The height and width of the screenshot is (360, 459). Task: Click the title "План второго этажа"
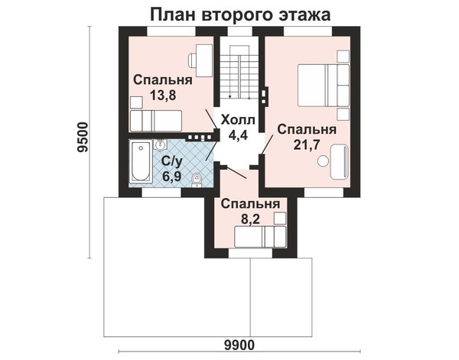(240, 15)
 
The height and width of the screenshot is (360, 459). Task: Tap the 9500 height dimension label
(83, 137)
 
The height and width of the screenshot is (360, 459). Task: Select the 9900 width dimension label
(239, 345)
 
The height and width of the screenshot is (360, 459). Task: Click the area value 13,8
(163, 95)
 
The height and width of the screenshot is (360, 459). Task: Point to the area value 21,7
(307, 144)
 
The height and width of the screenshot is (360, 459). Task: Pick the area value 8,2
(250, 219)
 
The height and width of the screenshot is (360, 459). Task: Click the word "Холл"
(238, 120)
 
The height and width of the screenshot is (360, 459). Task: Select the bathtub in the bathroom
(141, 161)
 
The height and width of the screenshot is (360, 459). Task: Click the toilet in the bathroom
(196, 180)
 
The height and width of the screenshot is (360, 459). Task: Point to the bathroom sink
(159, 144)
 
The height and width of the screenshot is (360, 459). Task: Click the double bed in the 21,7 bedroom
(324, 85)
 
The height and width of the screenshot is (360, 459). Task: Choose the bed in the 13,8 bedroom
(156, 121)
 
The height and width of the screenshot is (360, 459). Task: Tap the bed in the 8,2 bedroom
(260, 237)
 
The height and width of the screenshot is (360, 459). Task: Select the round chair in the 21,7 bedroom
(324, 161)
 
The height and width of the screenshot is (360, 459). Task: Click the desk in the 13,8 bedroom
(204, 60)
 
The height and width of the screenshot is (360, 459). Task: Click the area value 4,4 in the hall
(238, 135)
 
